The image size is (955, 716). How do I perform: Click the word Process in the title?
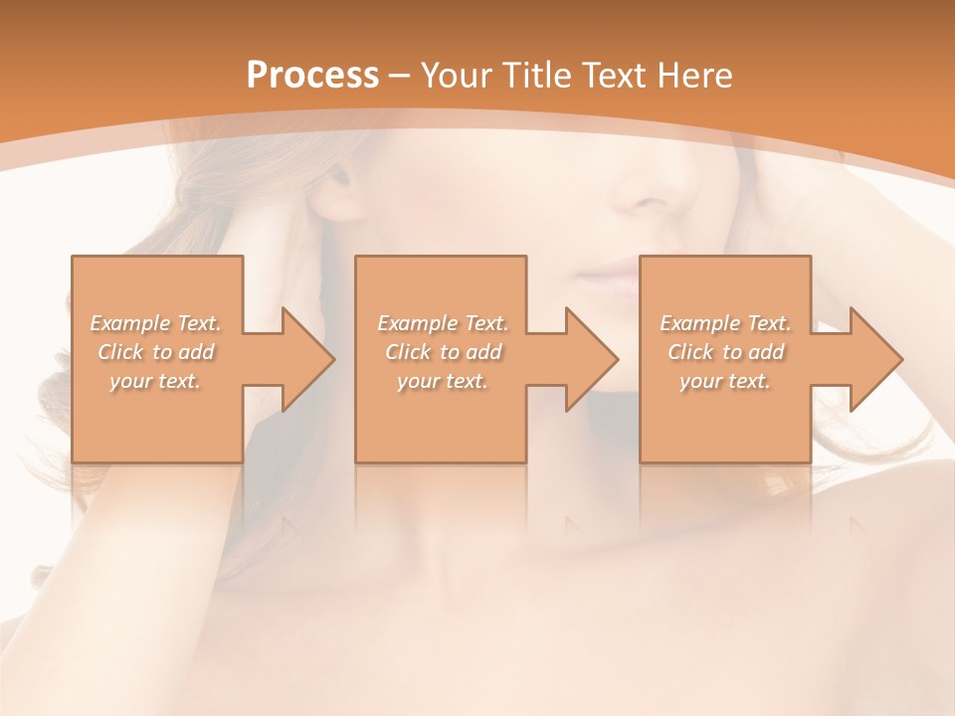point(312,76)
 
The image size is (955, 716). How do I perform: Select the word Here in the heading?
point(693,76)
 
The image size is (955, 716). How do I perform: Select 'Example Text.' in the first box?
point(156,323)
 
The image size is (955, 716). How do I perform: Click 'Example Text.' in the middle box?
point(443,323)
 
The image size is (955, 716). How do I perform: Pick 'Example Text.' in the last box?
point(725,323)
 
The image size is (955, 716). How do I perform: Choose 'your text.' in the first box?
point(156,381)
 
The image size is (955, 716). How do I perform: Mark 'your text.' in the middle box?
point(443,381)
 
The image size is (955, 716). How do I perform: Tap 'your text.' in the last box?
point(725,381)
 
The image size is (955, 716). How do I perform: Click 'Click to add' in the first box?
point(156,352)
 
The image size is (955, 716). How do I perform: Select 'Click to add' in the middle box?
point(443,352)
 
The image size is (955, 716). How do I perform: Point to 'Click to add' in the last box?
point(725,352)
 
